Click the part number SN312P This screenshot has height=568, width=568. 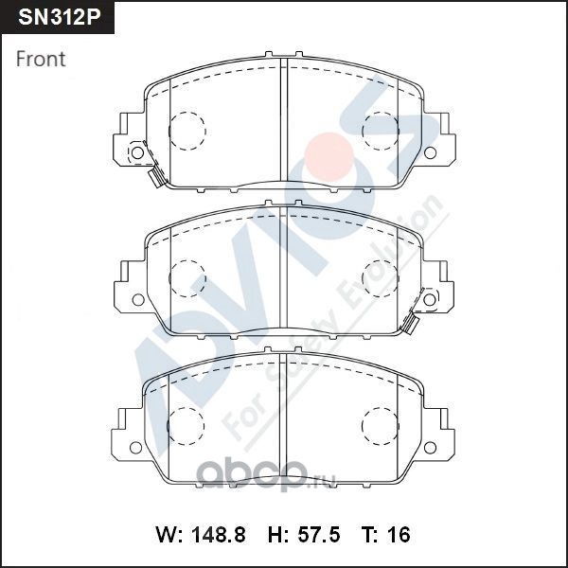(59, 17)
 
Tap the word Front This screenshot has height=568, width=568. (41, 59)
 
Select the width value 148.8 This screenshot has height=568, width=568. (218, 534)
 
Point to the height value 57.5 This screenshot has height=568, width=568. (319, 534)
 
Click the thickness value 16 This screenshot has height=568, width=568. (399, 534)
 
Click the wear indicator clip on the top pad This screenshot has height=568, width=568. (155, 177)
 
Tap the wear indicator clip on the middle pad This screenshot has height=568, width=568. (410, 323)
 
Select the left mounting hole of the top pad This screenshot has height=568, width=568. (137, 152)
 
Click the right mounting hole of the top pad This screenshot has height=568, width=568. (430, 152)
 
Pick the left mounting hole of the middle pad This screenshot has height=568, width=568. (138, 299)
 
